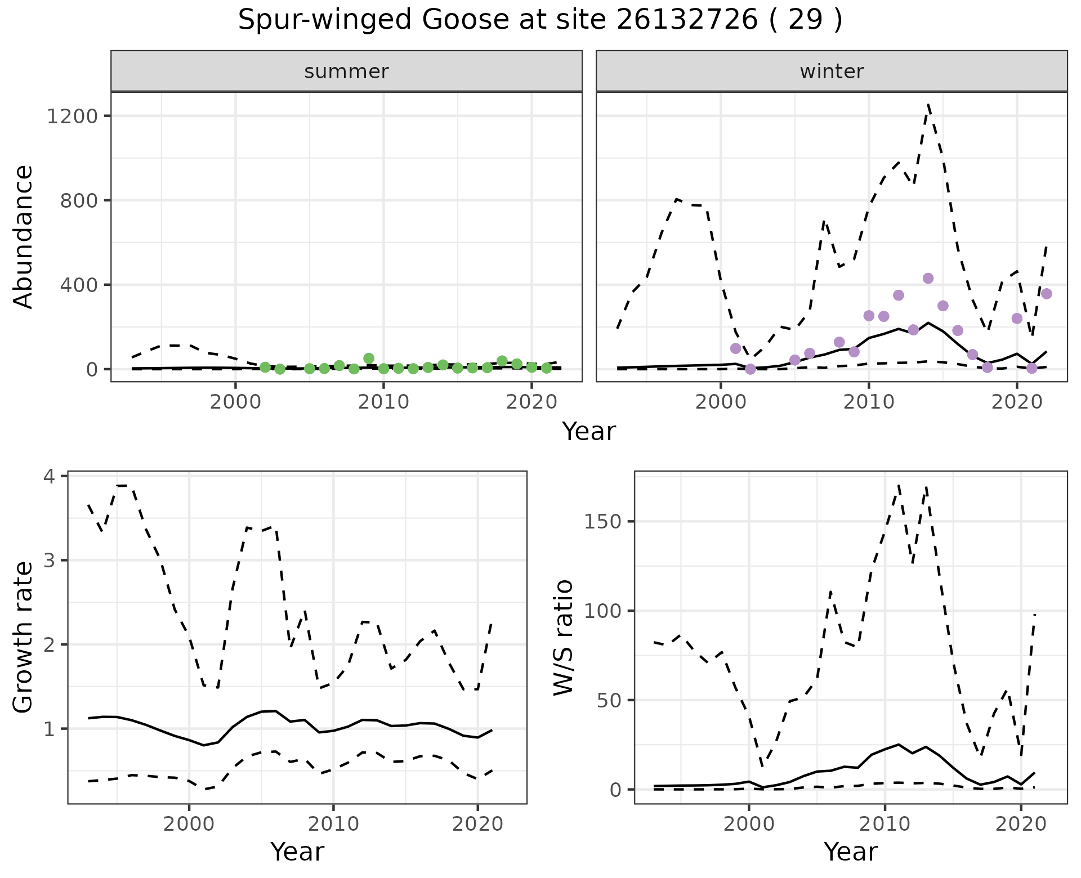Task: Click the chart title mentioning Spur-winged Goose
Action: [540, 21]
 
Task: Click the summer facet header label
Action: [346, 71]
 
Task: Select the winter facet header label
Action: [832, 71]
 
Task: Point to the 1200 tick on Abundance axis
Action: [72, 117]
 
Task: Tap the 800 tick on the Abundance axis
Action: [78, 201]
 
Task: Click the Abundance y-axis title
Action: [24, 237]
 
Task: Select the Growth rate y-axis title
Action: [24, 637]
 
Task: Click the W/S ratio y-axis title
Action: [564, 637]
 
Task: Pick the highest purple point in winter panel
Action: [928, 279]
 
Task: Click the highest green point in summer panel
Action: [369, 359]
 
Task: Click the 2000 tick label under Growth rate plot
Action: [189, 825]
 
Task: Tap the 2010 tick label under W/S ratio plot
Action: [885, 825]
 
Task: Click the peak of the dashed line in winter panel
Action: [928, 105]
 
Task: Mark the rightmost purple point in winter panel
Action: [1047, 294]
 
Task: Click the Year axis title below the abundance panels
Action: [589, 432]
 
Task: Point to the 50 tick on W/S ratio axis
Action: [608, 701]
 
